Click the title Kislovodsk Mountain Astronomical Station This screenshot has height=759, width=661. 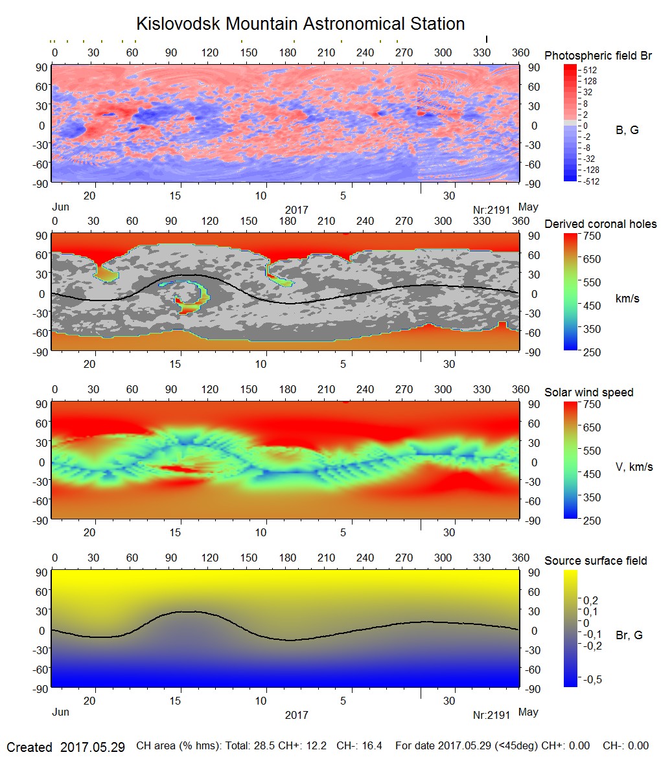click(x=300, y=24)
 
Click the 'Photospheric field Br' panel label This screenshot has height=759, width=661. click(x=597, y=56)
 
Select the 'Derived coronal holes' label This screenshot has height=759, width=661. click(x=600, y=224)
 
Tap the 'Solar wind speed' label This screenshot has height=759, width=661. click(x=588, y=392)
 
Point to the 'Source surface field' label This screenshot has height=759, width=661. click(x=596, y=561)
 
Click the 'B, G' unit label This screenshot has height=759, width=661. click(x=627, y=130)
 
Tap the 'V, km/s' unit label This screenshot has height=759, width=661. click(x=633, y=467)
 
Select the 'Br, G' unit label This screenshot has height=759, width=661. click(x=629, y=635)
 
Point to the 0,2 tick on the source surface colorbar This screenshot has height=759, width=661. click(x=591, y=600)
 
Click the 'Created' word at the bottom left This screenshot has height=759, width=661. click(x=29, y=747)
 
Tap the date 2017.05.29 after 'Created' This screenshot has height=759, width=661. click(x=92, y=747)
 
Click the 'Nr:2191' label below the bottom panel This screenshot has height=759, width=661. click(x=492, y=715)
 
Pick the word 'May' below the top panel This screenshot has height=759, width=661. click(x=528, y=207)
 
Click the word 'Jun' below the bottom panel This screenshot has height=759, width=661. click(x=60, y=712)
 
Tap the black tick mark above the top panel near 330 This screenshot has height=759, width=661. click(x=486, y=40)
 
